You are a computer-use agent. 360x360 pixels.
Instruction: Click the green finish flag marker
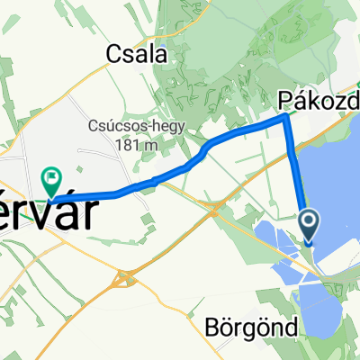52,179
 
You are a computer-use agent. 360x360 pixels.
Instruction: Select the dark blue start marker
309,224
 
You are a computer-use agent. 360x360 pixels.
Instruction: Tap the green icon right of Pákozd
358,91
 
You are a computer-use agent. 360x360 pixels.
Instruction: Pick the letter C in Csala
113,54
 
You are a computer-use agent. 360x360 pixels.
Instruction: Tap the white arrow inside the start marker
309,221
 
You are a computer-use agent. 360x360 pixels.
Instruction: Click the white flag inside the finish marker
52,176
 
